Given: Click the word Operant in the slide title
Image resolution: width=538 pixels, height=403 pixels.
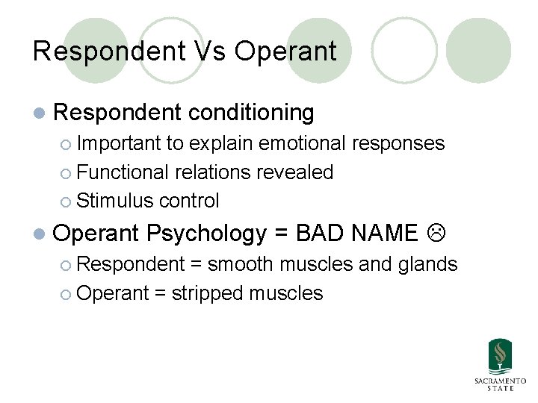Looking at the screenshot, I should (x=285, y=51).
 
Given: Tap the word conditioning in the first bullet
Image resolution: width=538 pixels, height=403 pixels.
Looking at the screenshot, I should (x=252, y=113).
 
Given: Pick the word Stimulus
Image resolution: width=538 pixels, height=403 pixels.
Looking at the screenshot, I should (x=114, y=201).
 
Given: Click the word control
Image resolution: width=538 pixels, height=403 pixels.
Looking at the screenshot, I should (x=190, y=201).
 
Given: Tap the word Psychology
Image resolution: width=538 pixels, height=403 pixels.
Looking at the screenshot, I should (x=206, y=234).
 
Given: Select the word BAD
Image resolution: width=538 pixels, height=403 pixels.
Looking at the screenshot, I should (x=320, y=234).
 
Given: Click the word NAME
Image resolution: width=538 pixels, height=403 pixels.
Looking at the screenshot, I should (x=384, y=234).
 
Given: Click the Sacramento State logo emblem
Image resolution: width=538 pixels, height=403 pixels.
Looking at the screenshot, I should (x=500, y=356).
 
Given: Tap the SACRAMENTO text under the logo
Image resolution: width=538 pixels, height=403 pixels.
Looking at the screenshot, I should (x=500, y=381).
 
